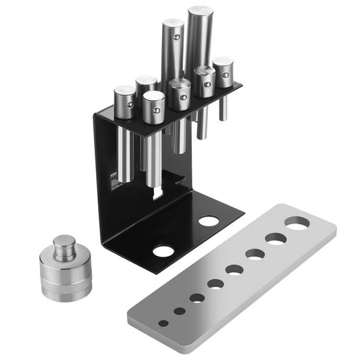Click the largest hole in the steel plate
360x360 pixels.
click(297, 223)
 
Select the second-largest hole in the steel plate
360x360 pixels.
click(276, 238)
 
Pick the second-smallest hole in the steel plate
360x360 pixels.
click(180, 311)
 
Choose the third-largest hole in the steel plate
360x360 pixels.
click(255, 254)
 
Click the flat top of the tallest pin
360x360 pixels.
click(201, 11)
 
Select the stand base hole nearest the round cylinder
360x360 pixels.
click(162, 251)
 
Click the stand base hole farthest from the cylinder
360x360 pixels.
click(209, 221)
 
